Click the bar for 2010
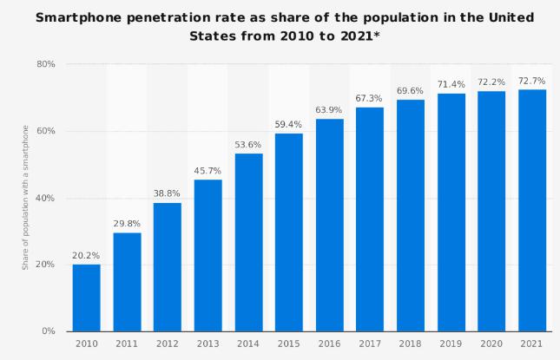click(86, 298)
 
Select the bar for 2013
click(208, 255)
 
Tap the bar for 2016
click(329, 225)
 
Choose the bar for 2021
click(532, 210)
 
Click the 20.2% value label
click(86, 256)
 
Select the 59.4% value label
click(288, 126)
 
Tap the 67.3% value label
click(370, 99)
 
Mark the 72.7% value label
click(532, 81)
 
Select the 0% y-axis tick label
click(49, 331)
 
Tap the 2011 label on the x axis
click(127, 345)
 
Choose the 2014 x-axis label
click(248, 345)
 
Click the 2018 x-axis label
click(410, 345)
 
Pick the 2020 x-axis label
click(491, 345)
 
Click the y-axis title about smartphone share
click(26, 198)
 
